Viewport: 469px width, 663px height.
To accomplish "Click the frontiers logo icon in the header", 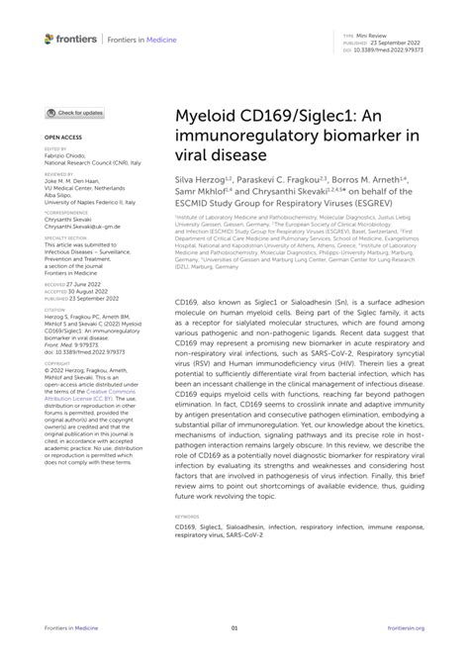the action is point(50,39).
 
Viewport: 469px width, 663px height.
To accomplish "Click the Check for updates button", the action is point(74,114).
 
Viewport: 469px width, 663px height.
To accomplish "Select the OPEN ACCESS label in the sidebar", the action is point(60,139).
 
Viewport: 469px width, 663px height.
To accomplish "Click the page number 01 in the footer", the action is point(234,628).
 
